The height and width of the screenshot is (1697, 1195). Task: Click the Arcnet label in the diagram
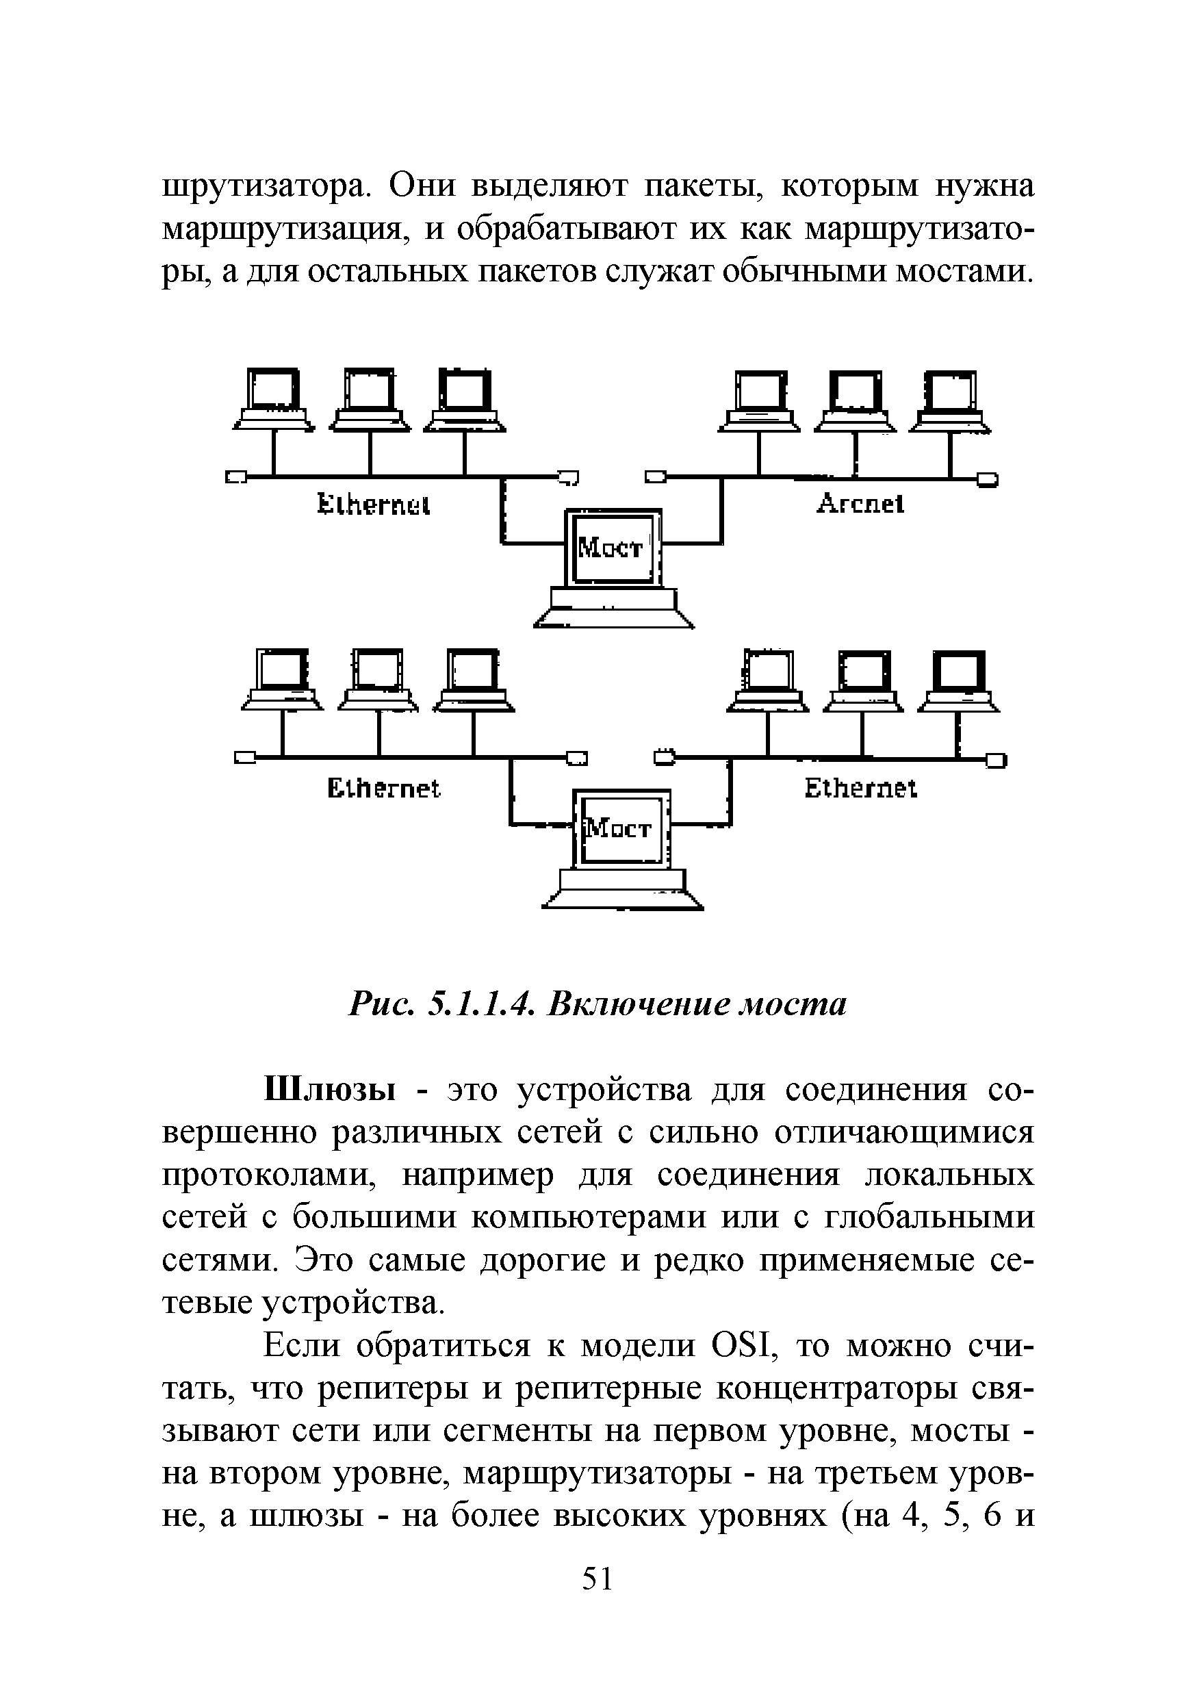pos(860,504)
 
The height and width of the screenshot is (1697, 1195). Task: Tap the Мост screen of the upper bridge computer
pos(610,548)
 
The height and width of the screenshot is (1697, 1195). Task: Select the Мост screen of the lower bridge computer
pos(619,828)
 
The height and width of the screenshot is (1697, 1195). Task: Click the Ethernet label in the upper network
pos(373,506)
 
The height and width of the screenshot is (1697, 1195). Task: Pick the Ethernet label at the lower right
pos(860,789)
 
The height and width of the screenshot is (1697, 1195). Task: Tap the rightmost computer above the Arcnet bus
pos(951,403)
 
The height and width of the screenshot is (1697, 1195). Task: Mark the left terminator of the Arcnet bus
pos(655,476)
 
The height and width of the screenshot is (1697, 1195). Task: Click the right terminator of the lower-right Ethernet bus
pos(997,760)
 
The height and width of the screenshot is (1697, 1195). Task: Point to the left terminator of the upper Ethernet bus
pos(235,477)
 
